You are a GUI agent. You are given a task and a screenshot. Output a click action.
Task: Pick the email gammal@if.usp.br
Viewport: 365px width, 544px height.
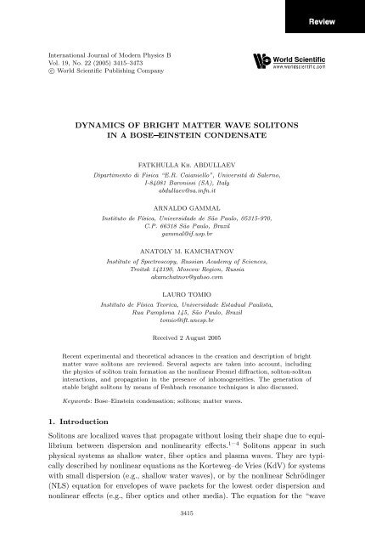(182, 246)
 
